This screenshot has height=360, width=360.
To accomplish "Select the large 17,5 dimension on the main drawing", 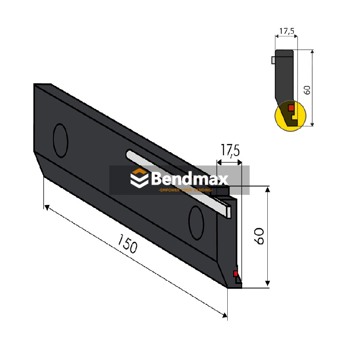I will pos(229,151).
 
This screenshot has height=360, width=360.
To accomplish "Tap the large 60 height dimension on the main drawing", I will pos(259,236).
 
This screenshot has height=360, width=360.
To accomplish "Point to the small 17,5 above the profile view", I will pos(287,31).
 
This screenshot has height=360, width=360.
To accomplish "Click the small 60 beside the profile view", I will pos(307,89).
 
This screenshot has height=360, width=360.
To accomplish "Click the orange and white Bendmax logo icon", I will pos(139,179).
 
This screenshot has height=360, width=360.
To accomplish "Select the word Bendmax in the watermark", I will pos(189,179).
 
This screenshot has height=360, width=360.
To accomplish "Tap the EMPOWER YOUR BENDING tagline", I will pos(185,191).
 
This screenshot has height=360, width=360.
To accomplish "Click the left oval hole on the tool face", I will pos(60,140).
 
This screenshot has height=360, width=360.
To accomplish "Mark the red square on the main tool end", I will pos(235,274).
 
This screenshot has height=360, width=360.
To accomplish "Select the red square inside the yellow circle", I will pos(291,108).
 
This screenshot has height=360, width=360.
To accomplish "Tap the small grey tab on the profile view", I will pos(273,60).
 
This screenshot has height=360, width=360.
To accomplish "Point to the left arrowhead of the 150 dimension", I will pos(46,207).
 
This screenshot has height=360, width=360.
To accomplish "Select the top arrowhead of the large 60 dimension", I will pos(268,190).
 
